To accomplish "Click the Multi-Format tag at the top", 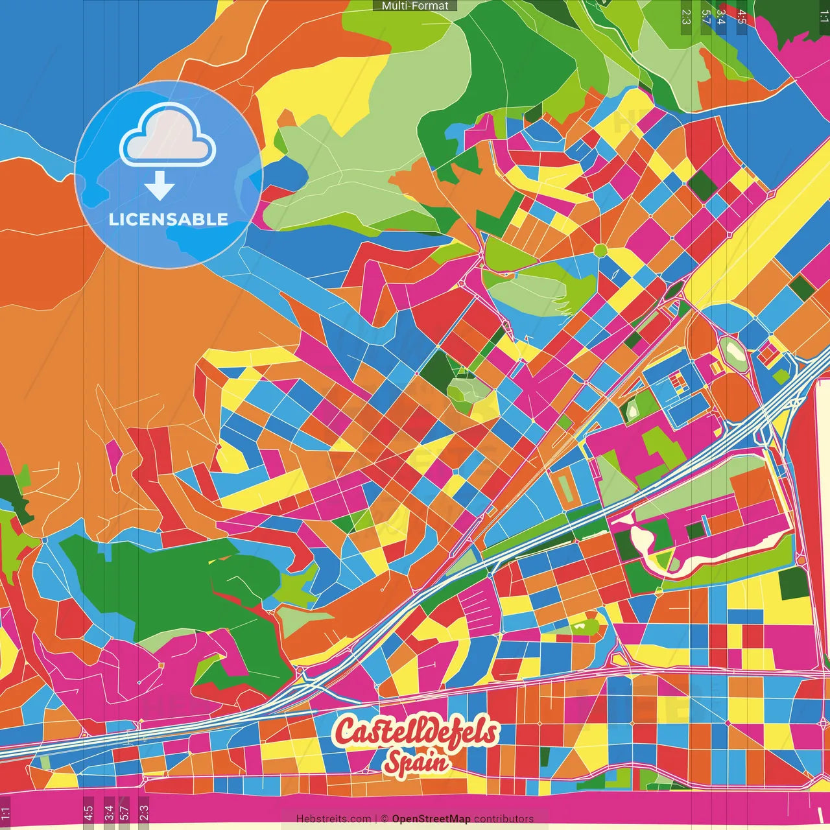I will coord(415,6).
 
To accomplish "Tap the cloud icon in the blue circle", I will coord(167,136).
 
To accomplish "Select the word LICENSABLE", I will coord(169,219).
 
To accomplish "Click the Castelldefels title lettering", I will coord(415,732).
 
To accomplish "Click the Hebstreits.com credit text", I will coord(333,819).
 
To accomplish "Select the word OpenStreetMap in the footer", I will coord(431,819).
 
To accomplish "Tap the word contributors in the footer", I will coord(504,819).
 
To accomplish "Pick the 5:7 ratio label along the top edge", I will coord(705,16).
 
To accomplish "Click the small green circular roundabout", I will coord(600,250).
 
